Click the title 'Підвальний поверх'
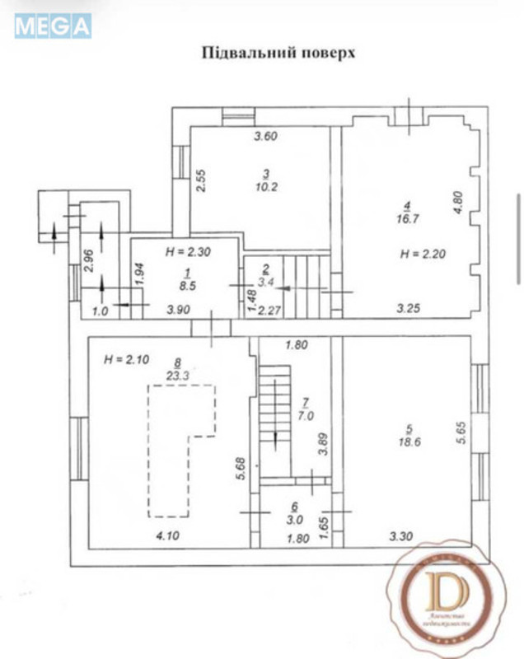point(278,53)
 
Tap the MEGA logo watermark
point(51,26)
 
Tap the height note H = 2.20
point(421,253)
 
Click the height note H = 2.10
point(126,359)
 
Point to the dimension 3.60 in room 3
point(264,137)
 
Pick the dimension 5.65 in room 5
point(461,432)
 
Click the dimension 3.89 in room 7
point(325,445)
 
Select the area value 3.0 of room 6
point(295,519)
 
